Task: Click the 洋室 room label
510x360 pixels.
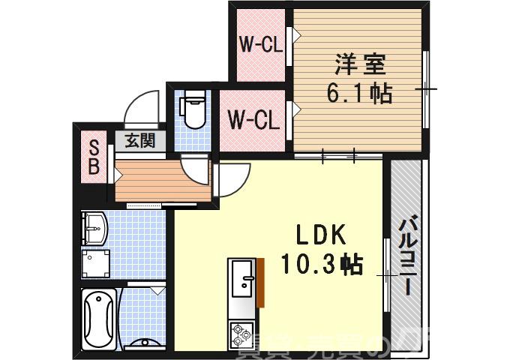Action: (x=359, y=64)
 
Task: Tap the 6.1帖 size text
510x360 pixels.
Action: (x=359, y=94)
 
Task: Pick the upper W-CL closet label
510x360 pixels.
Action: (x=260, y=44)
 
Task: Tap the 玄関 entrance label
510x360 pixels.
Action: (x=139, y=139)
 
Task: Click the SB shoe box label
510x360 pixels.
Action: (x=94, y=157)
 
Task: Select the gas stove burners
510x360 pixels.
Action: (x=241, y=331)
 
